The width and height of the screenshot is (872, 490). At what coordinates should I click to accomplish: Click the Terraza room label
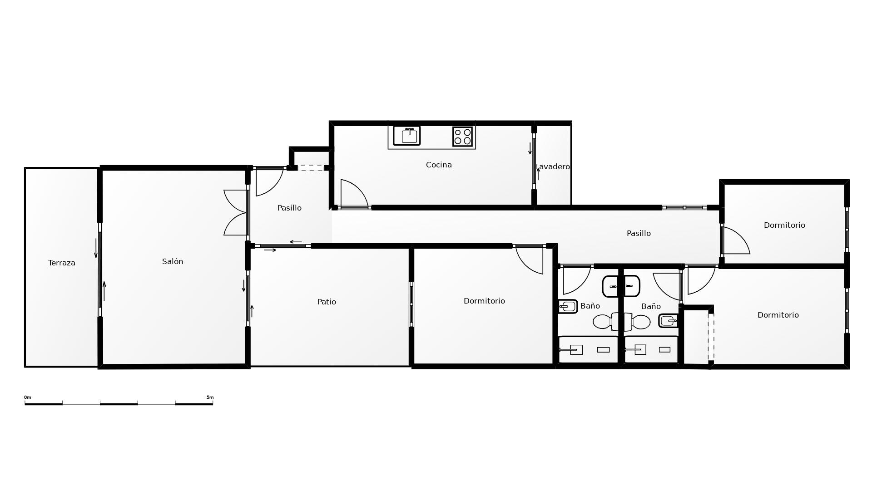coord(62,263)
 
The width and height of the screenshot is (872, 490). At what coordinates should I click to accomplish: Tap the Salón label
coord(173,261)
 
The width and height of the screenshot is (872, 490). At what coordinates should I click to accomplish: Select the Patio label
coord(327,302)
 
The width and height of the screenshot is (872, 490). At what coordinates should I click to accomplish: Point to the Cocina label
coord(439,165)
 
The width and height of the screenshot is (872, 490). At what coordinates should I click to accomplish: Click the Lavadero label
coord(553,167)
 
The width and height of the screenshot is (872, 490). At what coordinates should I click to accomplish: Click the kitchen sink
coord(406,136)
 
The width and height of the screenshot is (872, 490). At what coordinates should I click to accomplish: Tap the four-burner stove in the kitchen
coord(462,136)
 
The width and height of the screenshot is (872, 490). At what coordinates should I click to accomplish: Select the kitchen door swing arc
coord(360,187)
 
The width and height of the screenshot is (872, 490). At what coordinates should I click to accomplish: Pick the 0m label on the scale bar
coord(28,397)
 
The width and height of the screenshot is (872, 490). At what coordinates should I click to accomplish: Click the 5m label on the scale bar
coord(210,397)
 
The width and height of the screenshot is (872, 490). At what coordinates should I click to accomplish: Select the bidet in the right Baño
coord(668,321)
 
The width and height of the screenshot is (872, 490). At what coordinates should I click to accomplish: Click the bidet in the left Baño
coord(568,306)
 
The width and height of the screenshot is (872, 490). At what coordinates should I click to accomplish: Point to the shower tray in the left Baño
coord(588,349)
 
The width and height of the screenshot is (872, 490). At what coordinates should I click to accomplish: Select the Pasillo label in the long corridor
coord(639,233)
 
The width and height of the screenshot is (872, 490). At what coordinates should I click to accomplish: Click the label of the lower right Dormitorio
coord(778,315)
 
